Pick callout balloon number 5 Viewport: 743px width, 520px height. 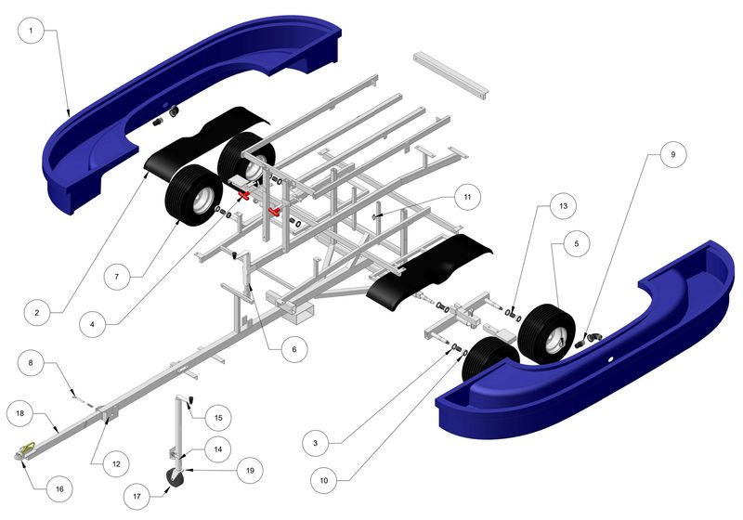coord(575,244)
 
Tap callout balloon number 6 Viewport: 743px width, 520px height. coord(293,349)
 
